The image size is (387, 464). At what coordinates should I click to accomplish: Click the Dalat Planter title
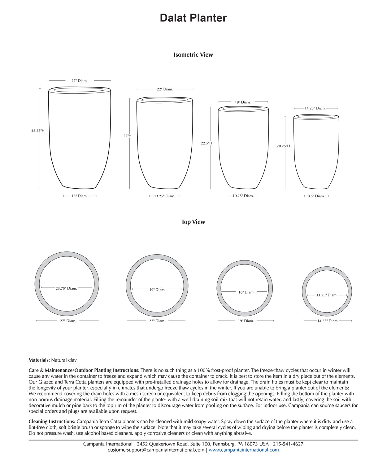193,18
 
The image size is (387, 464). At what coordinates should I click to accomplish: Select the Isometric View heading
193,55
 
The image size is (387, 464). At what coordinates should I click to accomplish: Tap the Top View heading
193,222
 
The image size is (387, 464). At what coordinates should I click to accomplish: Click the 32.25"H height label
38,131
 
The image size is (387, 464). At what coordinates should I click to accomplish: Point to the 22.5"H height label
207,143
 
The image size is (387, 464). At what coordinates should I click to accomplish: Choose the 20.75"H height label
283,146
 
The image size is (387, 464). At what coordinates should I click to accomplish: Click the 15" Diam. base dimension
80,196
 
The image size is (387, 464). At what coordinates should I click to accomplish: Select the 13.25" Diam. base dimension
165,196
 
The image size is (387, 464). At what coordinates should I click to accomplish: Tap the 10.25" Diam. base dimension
243,196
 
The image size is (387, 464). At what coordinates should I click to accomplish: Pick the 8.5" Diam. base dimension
316,196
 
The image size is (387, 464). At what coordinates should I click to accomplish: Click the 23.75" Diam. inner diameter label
66,288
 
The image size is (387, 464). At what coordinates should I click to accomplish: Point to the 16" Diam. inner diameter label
246,292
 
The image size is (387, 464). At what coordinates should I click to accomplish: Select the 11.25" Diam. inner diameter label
327,295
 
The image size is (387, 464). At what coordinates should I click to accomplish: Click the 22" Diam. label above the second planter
165,89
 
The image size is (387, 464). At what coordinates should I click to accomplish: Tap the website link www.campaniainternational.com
244,450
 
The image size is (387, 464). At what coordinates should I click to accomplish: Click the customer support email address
156,450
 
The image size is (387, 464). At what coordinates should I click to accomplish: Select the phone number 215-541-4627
288,444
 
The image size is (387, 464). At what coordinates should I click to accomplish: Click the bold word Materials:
39,360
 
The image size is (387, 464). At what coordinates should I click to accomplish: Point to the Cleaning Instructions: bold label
52,421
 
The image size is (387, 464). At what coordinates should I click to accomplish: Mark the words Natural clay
64,360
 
